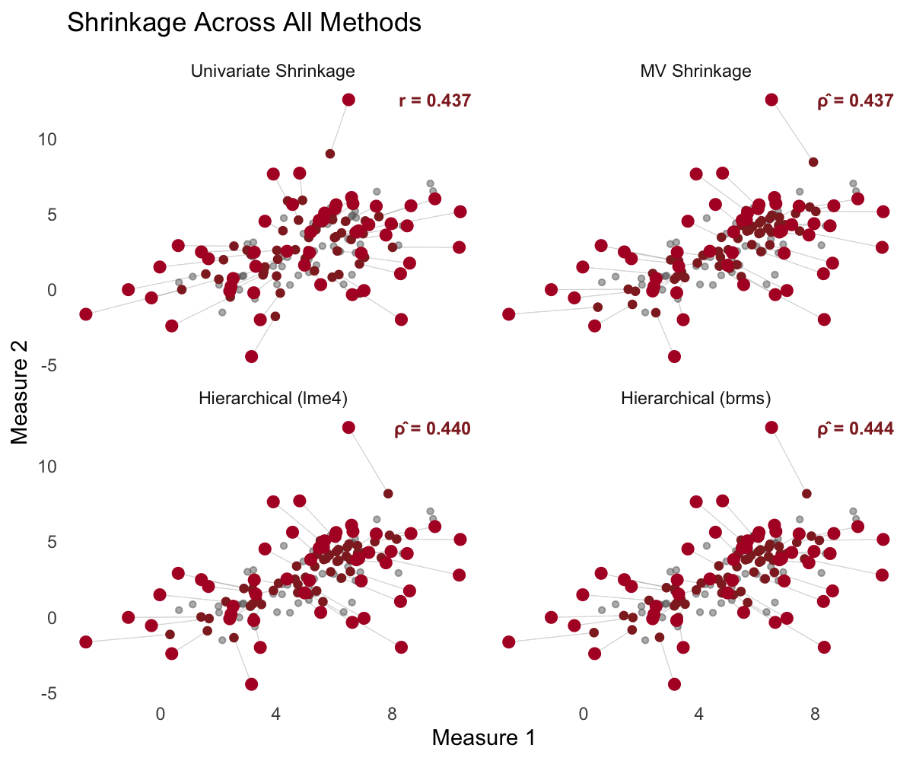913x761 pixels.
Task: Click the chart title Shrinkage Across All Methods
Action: pos(244,23)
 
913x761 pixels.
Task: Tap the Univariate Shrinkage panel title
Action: pos(273,72)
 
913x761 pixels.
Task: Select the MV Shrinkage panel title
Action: pos(696,72)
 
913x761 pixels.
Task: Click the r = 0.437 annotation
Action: pos(434,100)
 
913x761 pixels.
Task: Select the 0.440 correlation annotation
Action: pos(432,428)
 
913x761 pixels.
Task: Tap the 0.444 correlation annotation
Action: pos(854,428)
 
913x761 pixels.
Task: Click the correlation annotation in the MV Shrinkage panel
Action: pos(854,100)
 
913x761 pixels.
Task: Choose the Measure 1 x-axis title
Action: pos(483,738)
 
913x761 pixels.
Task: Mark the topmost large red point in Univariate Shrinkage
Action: pos(348,100)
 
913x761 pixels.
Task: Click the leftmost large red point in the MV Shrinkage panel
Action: pos(509,314)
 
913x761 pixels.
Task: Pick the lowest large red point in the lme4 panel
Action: pos(251,684)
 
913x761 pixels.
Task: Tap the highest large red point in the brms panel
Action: pos(771,427)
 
